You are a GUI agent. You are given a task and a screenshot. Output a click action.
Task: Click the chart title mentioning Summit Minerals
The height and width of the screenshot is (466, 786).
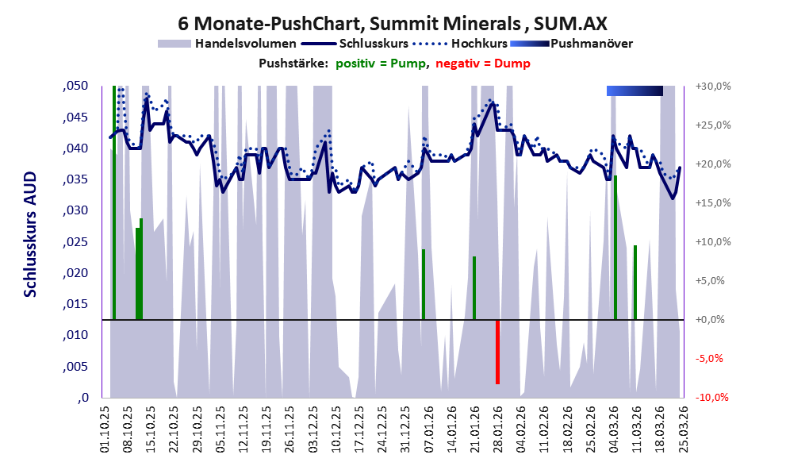[393, 22]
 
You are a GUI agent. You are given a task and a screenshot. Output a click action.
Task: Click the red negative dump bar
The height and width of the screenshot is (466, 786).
[497, 352]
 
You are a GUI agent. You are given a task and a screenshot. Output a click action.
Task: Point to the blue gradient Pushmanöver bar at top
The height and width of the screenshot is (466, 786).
[635, 91]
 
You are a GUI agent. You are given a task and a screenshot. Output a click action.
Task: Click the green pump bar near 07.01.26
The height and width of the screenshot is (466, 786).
[424, 284]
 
